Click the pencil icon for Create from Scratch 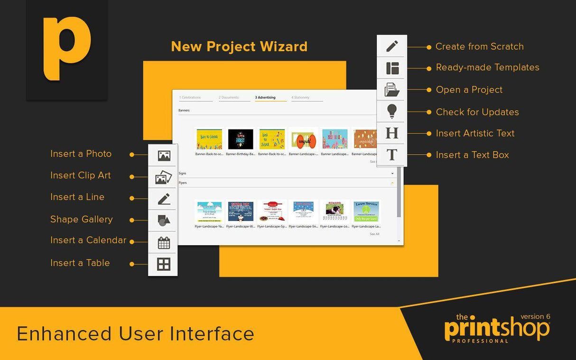pos(392,46)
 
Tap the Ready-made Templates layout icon pos(392,68)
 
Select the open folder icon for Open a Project pos(392,90)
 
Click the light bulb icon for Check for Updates pos(392,111)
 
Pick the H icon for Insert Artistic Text pos(392,133)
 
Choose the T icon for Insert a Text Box pos(392,155)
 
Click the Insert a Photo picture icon pos(164,155)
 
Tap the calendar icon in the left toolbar pos(164,243)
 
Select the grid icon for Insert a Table pos(164,264)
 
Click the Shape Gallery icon pos(164,221)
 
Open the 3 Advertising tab pos(266,97)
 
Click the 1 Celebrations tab pos(190,97)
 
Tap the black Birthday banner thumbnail pos(241,139)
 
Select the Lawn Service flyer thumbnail pos(366,211)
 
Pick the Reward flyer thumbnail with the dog pos(334,211)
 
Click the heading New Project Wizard pos(239,46)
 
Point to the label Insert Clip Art pos(81,175)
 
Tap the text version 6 pos(535,316)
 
